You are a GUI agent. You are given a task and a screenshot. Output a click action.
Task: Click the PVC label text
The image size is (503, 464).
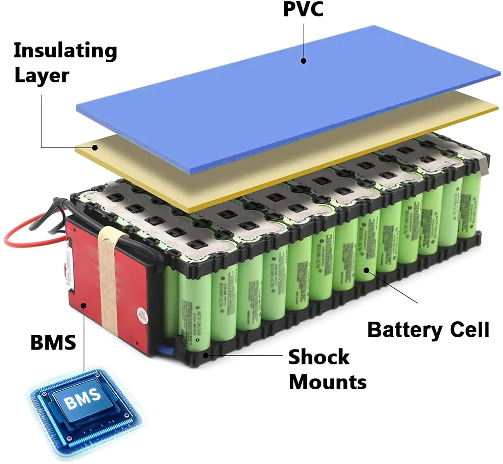303,9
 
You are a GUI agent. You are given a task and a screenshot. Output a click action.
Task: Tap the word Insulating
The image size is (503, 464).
65,50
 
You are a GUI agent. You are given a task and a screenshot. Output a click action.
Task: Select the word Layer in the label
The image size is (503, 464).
42,75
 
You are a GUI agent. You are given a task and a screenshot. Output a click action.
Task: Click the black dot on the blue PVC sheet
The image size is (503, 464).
303,61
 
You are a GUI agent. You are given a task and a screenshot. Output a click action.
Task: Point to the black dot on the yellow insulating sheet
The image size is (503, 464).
95,147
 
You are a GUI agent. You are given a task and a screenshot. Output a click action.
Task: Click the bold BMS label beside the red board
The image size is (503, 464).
53,342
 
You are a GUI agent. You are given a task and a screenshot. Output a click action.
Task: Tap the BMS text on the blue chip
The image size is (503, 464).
82,398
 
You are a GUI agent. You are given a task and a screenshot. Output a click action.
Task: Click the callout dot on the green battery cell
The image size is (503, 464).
367,270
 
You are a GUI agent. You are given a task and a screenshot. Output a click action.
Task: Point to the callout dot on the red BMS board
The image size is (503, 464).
84,305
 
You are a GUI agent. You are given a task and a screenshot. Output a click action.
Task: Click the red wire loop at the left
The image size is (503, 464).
20,240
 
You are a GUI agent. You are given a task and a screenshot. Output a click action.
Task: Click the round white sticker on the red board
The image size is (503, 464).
142,315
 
